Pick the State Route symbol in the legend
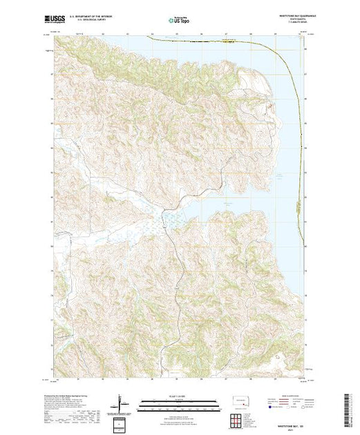click(292, 408)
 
